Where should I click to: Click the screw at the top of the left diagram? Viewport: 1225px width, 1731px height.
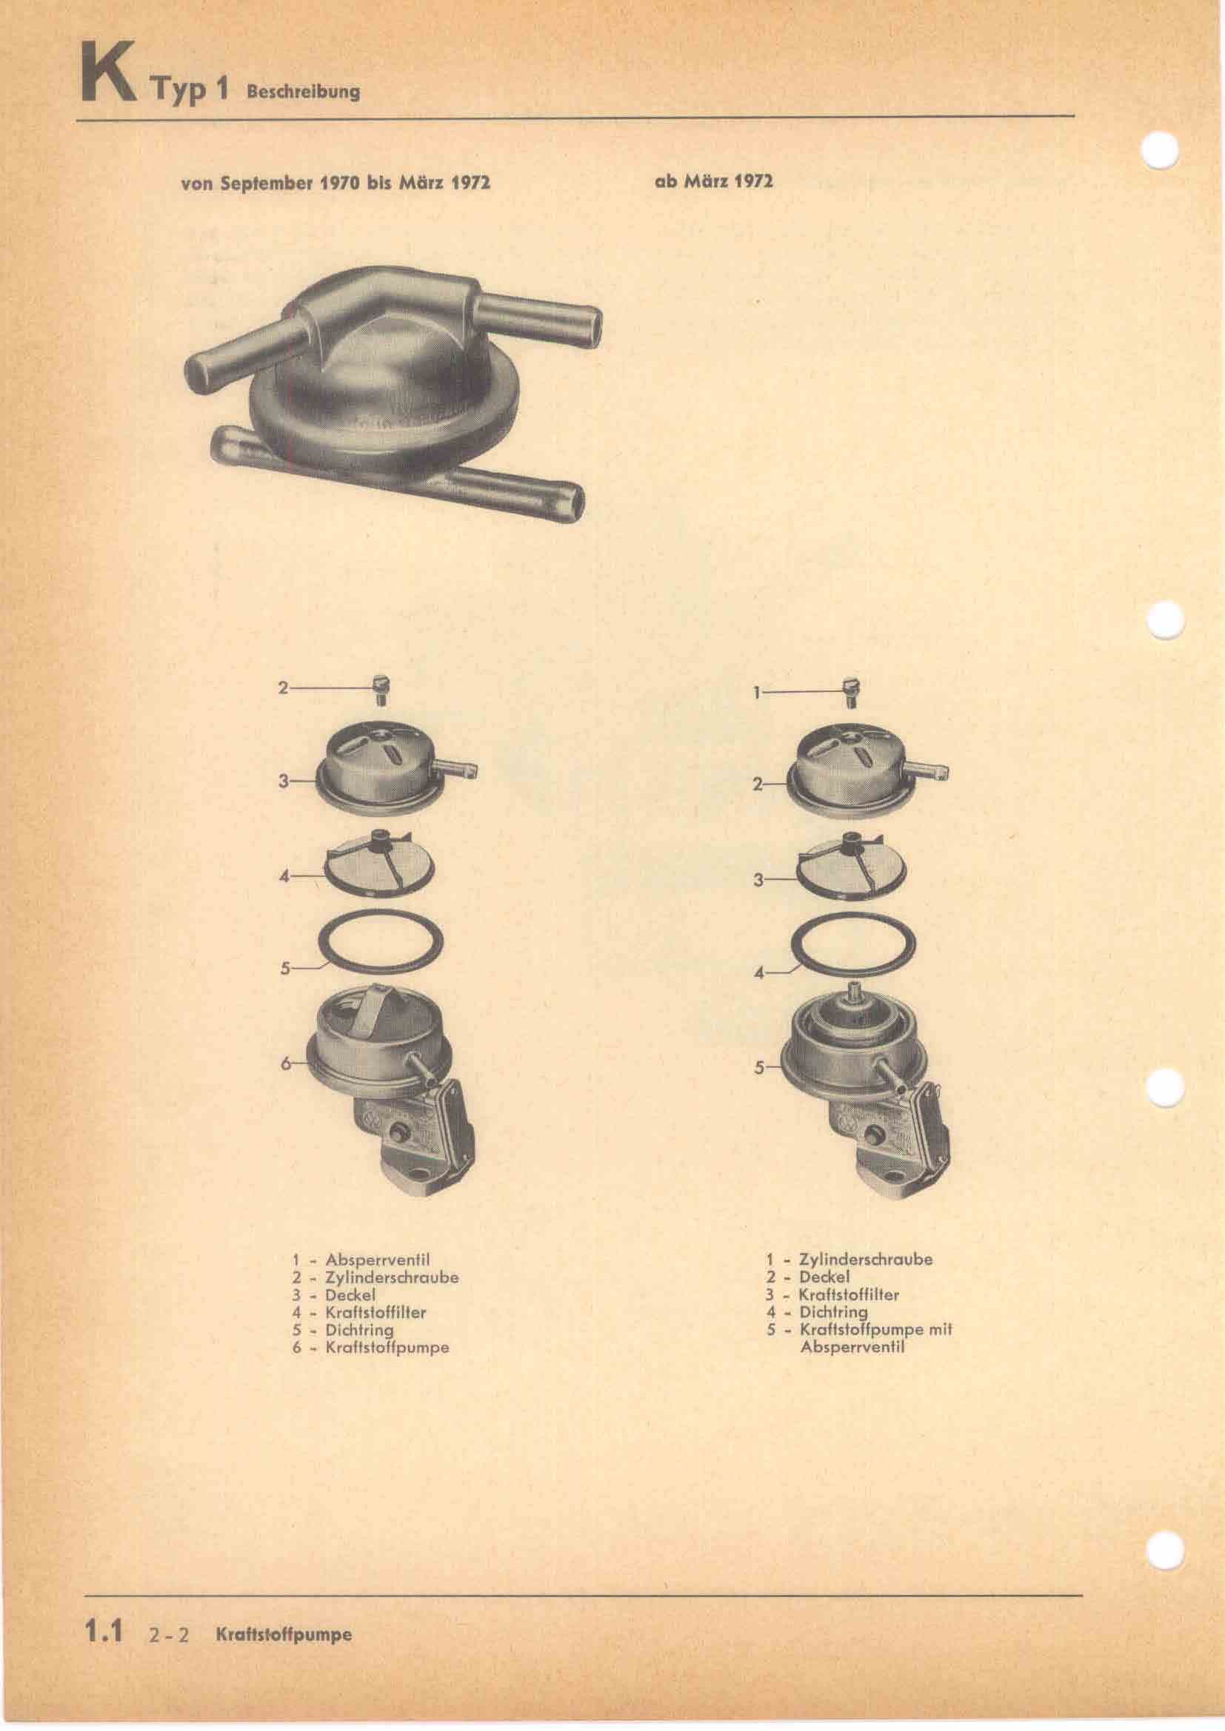pyautogui.click(x=381, y=690)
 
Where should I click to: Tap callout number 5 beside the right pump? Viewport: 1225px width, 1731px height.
pyautogui.click(x=759, y=1068)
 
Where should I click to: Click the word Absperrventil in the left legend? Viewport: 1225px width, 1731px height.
pyautogui.click(x=377, y=1258)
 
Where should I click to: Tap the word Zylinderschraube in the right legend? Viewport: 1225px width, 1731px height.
pyautogui.click(x=865, y=1258)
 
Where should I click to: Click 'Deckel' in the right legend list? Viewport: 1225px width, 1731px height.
pyautogui.click(x=824, y=1277)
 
